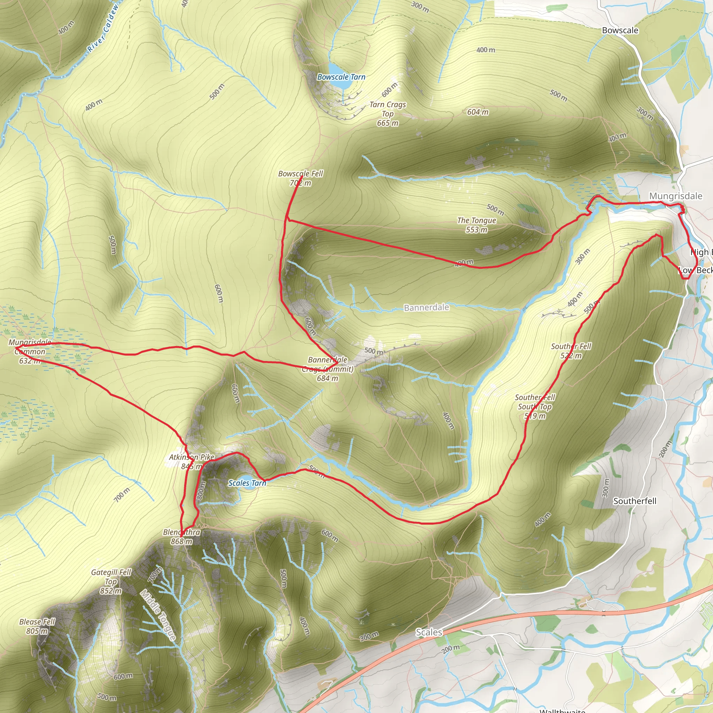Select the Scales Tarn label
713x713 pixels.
[247, 483]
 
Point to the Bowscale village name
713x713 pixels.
[620, 30]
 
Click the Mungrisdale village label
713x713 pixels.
[676, 196]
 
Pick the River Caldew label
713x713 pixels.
[103, 28]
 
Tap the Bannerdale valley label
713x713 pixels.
[426, 307]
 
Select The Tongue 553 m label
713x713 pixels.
[477, 225]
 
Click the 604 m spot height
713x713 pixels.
[478, 112]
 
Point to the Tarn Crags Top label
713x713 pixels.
[387, 113]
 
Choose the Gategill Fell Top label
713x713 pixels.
[111, 581]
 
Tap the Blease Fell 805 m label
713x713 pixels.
[37, 626]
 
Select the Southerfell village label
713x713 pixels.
[635, 501]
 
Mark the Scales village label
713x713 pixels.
[429, 632]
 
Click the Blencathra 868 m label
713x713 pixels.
[182, 536]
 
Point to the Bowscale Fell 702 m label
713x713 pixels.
[300, 178]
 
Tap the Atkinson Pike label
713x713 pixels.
[191, 461]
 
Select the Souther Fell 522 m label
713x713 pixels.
[571, 351]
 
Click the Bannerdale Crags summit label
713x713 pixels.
[328, 369]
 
